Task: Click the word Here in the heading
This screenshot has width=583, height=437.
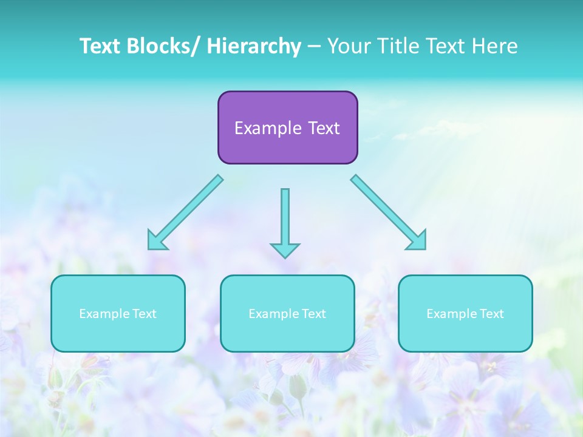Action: (495, 46)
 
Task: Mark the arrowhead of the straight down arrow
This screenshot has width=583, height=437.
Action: (285, 249)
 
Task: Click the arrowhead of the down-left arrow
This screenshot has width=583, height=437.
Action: (155, 241)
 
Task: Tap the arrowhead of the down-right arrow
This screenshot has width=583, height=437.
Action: (418, 241)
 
